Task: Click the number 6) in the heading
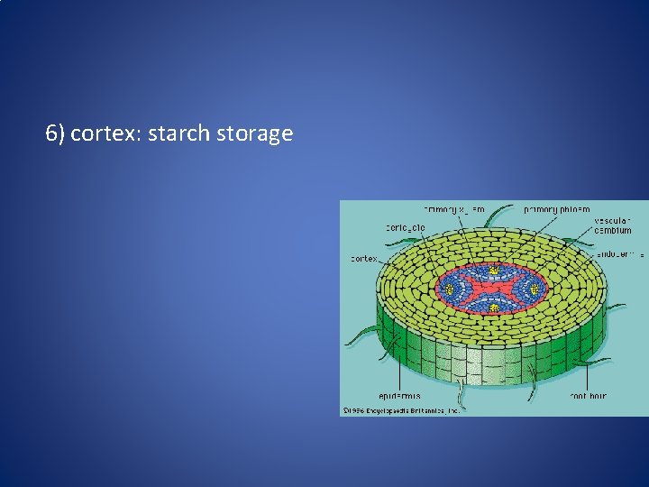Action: (x=55, y=134)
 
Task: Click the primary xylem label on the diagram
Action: (x=454, y=209)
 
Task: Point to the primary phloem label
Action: (x=556, y=209)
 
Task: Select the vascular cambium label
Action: (x=613, y=225)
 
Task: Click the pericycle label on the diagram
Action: (x=406, y=227)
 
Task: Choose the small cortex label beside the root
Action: (x=363, y=259)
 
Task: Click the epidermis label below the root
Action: (x=399, y=396)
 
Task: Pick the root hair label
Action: (x=588, y=396)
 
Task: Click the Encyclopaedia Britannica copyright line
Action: (x=401, y=409)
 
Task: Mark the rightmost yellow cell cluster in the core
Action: (x=535, y=289)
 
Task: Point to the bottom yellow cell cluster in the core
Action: (x=494, y=308)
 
